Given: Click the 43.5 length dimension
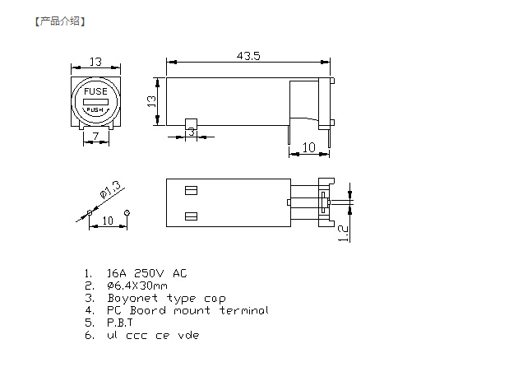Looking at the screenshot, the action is click(x=248, y=56).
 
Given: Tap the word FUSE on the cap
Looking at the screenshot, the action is click(x=95, y=91).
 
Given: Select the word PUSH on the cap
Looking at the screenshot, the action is click(x=95, y=109).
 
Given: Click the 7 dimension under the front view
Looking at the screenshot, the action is click(x=95, y=136).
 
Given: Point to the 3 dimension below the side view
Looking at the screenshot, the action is click(x=192, y=132).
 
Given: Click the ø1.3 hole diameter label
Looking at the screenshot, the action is click(x=110, y=190).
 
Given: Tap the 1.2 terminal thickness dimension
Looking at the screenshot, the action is click(x=343, y=233).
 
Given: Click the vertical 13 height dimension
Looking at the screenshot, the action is click(x=151, y=101).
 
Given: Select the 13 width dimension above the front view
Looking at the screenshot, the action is click(x=95, y=62).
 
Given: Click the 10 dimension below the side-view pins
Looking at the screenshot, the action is click(x=309, y=147).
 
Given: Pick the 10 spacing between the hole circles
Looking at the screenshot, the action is click(x=108, y=221).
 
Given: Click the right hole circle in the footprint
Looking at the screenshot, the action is click(x=127, y=212).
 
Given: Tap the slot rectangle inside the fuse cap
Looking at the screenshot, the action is click(x=95, y=102).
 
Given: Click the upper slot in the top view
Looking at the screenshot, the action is click(x=191, y=191).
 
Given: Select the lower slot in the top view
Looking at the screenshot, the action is click(x=191, y=216).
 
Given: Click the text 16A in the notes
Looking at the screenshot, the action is click(x=117, y=273).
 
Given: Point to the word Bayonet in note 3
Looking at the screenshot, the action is click(x=132, y=298).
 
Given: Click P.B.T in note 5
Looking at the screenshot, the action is click(x=120, y=323).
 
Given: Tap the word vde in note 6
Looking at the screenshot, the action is click(x=188, y=335).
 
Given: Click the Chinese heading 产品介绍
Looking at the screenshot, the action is click(x=60, y=21).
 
